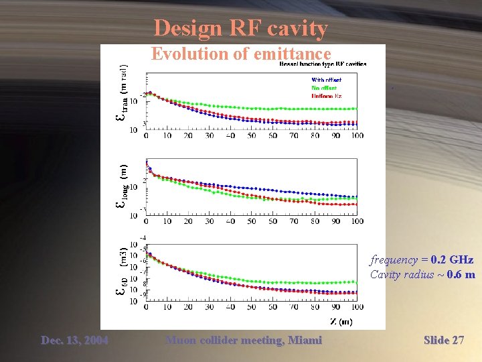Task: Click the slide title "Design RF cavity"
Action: (240, 28)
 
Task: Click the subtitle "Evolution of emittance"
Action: (241, 54)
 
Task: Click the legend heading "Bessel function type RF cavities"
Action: (323, 64)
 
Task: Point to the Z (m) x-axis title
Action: (341, 322)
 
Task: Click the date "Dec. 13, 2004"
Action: (74, 341)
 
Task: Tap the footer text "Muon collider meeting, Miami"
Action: (244, 341)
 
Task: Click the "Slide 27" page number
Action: (444, 341)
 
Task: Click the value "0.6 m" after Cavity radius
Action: (461, 275)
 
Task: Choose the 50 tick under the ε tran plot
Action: (251, 135)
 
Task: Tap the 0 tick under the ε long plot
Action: (146, 221)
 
